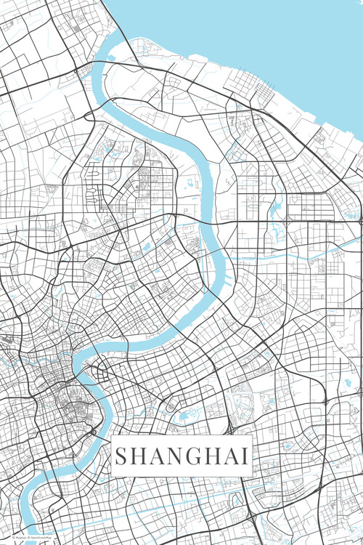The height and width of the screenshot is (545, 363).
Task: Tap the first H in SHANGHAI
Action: (141, 457)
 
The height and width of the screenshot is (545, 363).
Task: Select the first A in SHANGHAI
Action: (159, 457)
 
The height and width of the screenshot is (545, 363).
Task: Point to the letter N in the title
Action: (177, 457)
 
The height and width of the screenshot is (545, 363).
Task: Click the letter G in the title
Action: (195, 457)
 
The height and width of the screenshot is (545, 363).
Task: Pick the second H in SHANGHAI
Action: (214, 457)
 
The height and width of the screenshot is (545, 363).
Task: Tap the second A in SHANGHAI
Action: (232, 457)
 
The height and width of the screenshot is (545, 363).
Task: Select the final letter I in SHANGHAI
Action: (245, 457)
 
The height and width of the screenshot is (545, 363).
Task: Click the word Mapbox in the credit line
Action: (18, 538)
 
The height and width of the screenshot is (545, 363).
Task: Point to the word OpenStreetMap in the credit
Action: (40, 538)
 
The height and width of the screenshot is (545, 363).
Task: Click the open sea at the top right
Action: (290, 44)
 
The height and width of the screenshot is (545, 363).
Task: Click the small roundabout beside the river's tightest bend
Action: (94, 432)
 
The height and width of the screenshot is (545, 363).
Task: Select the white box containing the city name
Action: (181, 456)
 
